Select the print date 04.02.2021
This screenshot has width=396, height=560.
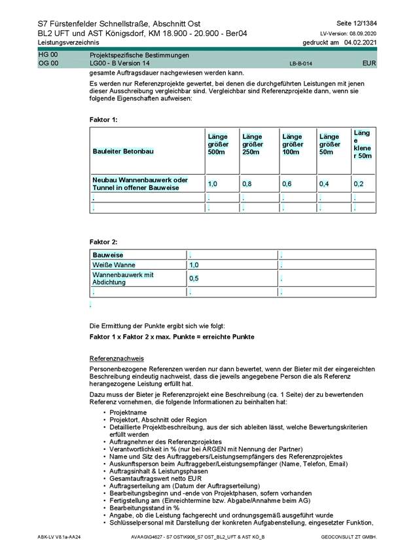pos(360,43)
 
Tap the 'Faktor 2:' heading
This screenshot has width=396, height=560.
pos(103,242)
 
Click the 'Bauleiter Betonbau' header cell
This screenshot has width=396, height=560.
pos(124,151)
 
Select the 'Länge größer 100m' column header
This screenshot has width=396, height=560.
pos(292,144)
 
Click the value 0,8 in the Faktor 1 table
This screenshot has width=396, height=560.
pos(247,184)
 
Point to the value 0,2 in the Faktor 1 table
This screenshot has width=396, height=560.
pos(359,184)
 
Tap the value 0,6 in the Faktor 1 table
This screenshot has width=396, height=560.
pos(287,184)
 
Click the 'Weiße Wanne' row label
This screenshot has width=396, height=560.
pos(114,265)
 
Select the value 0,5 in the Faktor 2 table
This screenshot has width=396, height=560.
pos(194,278)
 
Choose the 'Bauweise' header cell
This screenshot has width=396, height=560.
pos(108,254)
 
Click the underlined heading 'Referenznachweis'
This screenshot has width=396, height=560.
pos(117,359)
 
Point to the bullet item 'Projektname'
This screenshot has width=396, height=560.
pos(127,413)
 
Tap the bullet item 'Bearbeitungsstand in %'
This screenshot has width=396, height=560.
pos(143,508)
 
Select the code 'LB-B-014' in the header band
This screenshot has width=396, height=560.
pos(301,65)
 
